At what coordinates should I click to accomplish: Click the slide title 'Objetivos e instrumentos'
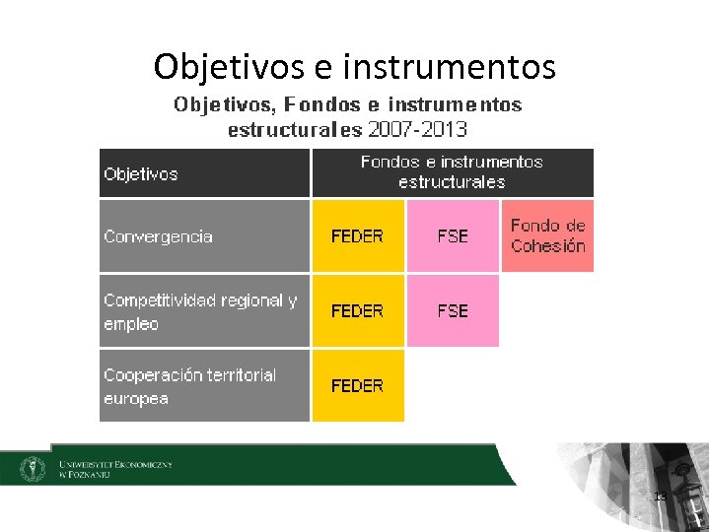tap(355, 67)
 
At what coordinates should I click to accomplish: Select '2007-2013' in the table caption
tap(417, 129)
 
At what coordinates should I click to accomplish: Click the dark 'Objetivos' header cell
tap(205, 173)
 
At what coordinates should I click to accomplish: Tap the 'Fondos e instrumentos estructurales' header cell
tap(452, 172)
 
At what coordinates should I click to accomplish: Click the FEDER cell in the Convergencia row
tap(357, 236)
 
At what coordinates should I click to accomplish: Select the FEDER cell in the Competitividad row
tap(357, 311)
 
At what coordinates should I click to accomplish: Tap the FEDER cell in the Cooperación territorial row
tap(357, 386)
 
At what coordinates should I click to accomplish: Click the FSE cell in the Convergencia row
tap(453, 236)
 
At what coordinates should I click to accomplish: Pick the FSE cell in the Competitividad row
tap(453, 311)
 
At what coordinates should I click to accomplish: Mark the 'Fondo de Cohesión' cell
tap(548, 236)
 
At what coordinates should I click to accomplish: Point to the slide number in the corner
tap(661, 496)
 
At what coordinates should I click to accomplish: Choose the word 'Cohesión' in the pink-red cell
tap(548, 246)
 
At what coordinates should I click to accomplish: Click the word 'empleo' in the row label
tap(131, 324)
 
